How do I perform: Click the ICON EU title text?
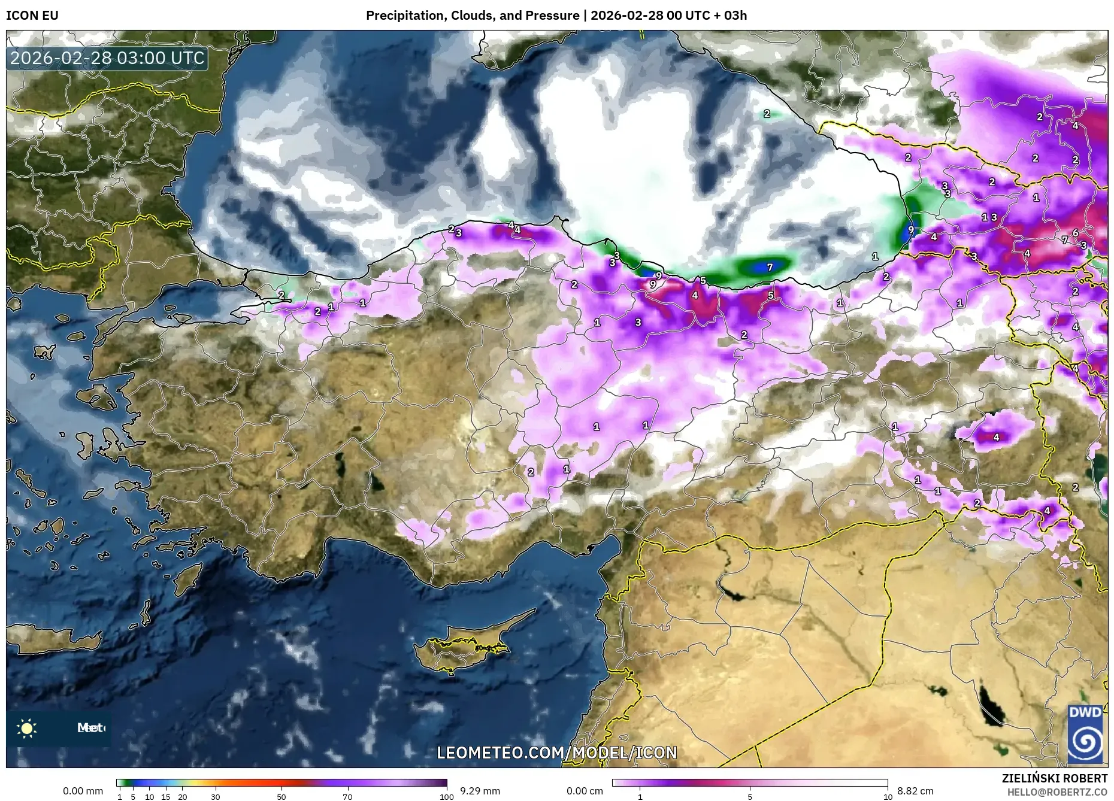pyautogui.click(x=32, y=16)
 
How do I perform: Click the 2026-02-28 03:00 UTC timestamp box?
pyautogui.click(x=107, y=59)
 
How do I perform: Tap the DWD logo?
pyautogui.click(x=1085, y=735)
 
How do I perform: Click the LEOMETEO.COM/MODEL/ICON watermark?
pyautogui.click(x=557, y=753)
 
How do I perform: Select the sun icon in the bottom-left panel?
pyautogui.click(x=27, y=728)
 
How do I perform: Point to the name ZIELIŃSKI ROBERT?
pyautogui.click(x=1054, y=778)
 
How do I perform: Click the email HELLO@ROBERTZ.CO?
pyautogui.click(x=1057, y=792)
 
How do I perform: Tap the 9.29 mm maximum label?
pyautogui.click(x=480, y=791)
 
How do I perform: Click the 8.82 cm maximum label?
pyautogui.click(x=915, y=791)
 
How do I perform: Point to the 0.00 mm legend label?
pyautogui.click(x=83, y=791)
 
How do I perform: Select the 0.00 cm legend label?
pyautogui.click(x=585, y=791)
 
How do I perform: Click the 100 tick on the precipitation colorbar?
pyautogui.click(x=446, y=797)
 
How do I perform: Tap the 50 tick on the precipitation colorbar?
pyautogui.click(x=281, y=797)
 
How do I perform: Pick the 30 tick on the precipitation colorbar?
pyautogui.click(x=216, y=797)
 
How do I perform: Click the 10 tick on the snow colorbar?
pyautogui.click(x=888, y=797)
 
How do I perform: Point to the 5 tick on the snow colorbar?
pyautogui.click(x=750, y=797)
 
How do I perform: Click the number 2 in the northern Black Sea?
pyautogui.click(x=767, y=114)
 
